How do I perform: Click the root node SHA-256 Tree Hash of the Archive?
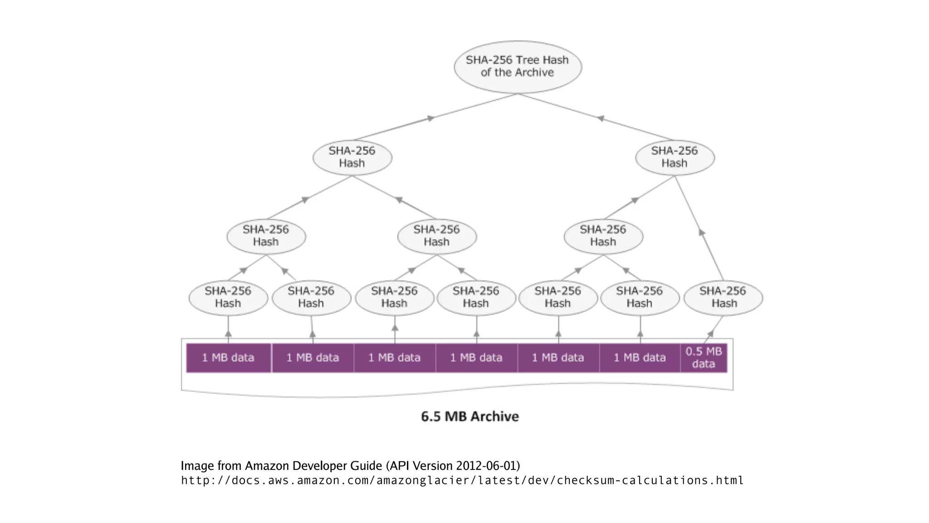pyautogui.click(x=518, y=67)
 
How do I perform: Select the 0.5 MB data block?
pyautogui.click(x=704, y=358)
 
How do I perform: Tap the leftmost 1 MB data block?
pyautogui.click(x=228, y=358)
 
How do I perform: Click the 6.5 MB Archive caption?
pyautogui.click(x=469, y=416)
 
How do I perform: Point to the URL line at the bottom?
pyautogui.click(x=462, y=480)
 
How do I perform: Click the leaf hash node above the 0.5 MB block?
pyautogui.click(x=723, y=297)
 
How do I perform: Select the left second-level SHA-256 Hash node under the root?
pyautogui.click(x=352, y=157)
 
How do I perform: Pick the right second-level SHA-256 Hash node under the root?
pyautogui.click(x=675, y=157)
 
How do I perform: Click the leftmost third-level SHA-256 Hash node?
pyautogui.click(x=266, y=236)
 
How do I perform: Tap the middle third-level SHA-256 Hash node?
pyautogui.click(x=437, y=236)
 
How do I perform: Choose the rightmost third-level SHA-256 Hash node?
pyautogui.click(x=603, y=236)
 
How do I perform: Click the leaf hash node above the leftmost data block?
pyautogui.click(x=228, y=297)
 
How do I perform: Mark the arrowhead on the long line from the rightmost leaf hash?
pyautogui.click(x=702, y=232)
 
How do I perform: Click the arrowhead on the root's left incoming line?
pyautogui.click(x=430, y=118)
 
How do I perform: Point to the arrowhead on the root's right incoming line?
pyautogui.click(x=601, y=118)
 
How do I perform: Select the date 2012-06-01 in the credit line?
pyautogui.click(x=486, y=466)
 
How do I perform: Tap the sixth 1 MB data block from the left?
pyautogui.click(x=640, y=358)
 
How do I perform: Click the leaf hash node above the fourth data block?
pyautogui.click(x=476, y=297)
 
